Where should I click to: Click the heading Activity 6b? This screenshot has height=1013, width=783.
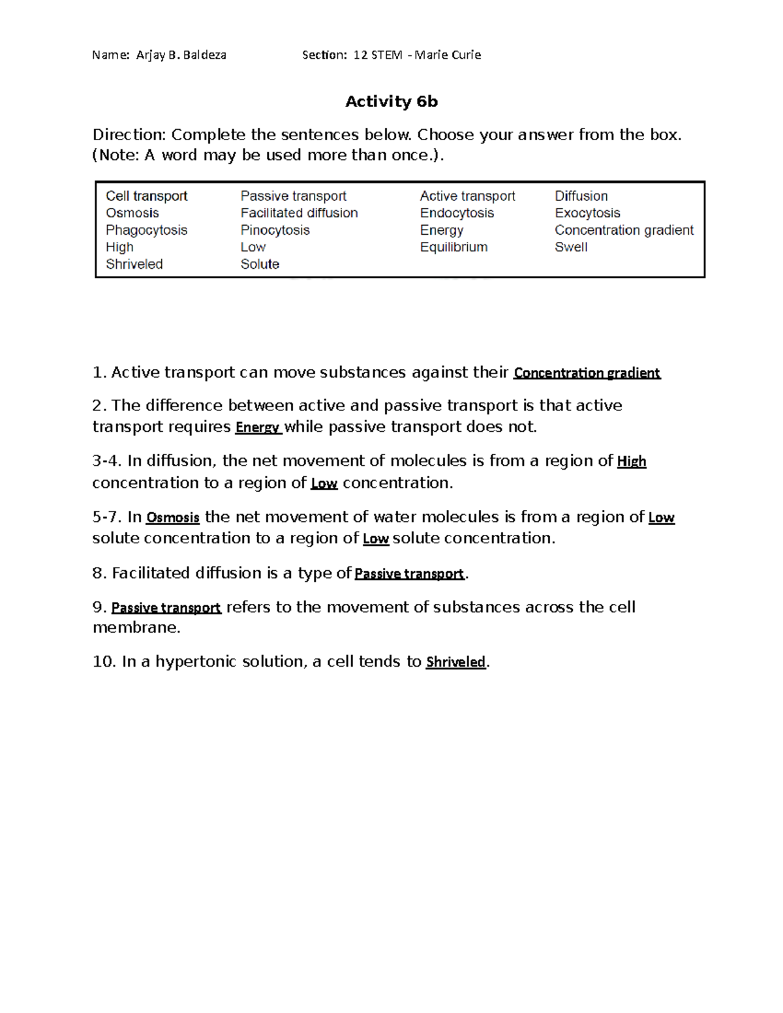click(x=391, y=102)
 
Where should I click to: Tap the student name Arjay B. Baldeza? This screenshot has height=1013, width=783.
click(x=181, y=55)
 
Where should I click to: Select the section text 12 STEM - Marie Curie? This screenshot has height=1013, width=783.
click(x=417, y=55)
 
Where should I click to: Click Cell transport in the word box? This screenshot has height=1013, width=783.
click(x=146, y=196)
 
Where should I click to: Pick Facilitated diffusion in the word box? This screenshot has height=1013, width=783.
click(x=299, y=213)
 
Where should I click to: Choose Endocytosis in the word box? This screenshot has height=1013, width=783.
click(x=457, y=213)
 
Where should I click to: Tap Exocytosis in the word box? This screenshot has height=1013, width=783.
click(x=587, y=213)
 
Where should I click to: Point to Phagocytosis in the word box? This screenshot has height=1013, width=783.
click(x=146, y=230)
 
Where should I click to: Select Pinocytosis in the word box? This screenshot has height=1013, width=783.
click(x=275, y=230)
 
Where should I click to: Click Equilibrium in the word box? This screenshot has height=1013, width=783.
click(x=453, y=247)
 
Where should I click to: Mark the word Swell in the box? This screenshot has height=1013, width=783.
click(x=571, y=247)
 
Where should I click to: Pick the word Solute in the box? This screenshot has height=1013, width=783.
click(x=260, y=264)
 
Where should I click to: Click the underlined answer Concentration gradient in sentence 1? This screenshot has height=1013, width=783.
click(x=587, y=373)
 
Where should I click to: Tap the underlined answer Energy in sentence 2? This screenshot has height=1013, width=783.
click(x=258, y=428)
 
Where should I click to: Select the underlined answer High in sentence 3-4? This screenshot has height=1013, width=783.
click(x=631, y=462)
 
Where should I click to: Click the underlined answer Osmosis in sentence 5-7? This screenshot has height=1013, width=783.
click(x=172, y=518)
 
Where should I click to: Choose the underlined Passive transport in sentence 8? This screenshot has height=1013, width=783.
click(x=409, y=574)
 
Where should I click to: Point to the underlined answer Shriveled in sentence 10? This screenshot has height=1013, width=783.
click(x=455, y=663)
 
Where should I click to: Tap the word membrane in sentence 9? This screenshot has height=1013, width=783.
click(x=136, y=627)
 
